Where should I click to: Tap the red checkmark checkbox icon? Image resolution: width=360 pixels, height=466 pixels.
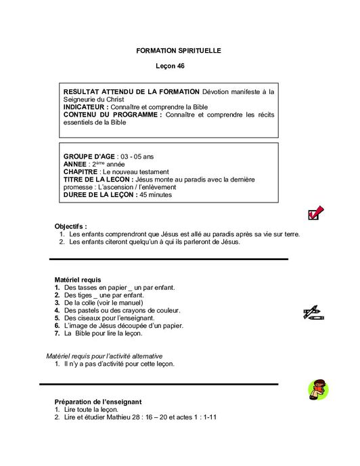coord(315,213)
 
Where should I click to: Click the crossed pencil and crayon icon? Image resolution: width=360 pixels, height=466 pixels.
coord(313,312)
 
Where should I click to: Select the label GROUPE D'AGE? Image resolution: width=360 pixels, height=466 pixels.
coord(89,156)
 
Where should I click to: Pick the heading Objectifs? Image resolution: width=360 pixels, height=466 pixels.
coord(70,226)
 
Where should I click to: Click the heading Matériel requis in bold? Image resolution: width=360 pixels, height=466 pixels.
coord(77,279)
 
